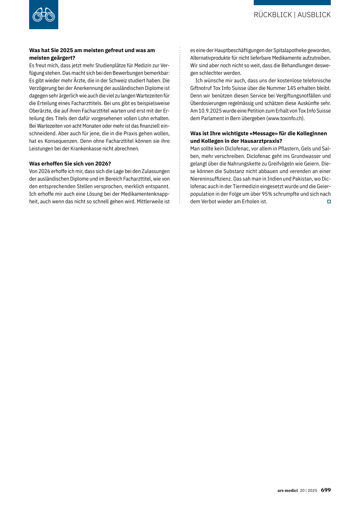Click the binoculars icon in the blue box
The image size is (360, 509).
[x=44, y=15]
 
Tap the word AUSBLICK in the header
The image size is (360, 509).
[x=314, y=15]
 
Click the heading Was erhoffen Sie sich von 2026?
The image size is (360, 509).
[x=70, y=164]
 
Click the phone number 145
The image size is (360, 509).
[x=291, y=88]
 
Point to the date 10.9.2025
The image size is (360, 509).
[x=210, y=111]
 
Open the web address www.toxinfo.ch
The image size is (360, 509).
[x=285, y=118]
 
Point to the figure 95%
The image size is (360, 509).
[x=267, y=194]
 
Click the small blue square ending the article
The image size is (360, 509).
[x=329, y=201]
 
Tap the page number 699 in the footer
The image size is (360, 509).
[x=326, y=490]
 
